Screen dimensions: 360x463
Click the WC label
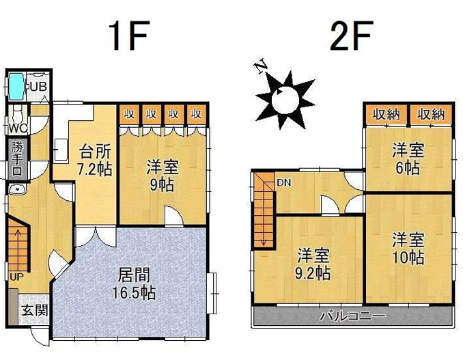click(x=17, y=127)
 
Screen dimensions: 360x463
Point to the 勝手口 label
click(x=17, y=158)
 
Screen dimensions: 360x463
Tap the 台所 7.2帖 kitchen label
click(x=96, y=159)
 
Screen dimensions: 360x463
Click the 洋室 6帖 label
click(x=408, y=158)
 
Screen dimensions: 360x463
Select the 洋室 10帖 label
click(x=408, y=249)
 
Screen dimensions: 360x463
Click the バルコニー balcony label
click(x=352, y=317)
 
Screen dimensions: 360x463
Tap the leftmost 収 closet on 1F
click(x=129, y=113)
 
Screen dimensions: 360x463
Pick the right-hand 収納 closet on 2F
click(x=431, y=114)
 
